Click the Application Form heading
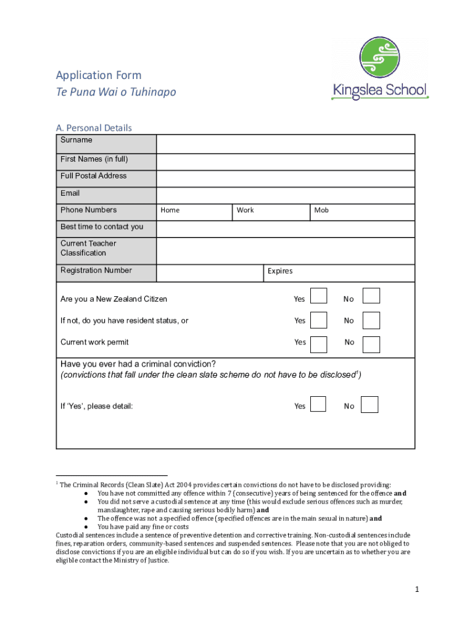[99, 75]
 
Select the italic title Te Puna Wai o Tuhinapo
[116, 92]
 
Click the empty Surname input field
[285, 144]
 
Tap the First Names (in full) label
[94, 159]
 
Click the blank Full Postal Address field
[285, 178]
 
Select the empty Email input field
[285, 195]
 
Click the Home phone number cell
[194, 211]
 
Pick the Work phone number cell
[271, 211]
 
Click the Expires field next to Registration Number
[339, 272]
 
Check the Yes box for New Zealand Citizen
[318, 296]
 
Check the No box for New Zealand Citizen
[371, 296]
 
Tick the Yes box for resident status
[318, 320]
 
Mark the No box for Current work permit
[371, 344]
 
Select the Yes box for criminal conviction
[318, 404]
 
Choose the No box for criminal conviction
[370, 404]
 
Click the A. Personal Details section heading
[94, 128]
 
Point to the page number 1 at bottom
[417, 589]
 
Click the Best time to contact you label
[102, 227]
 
